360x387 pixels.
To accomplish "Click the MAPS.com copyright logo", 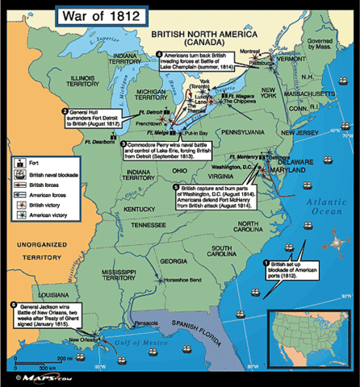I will (x=40, y=377).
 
